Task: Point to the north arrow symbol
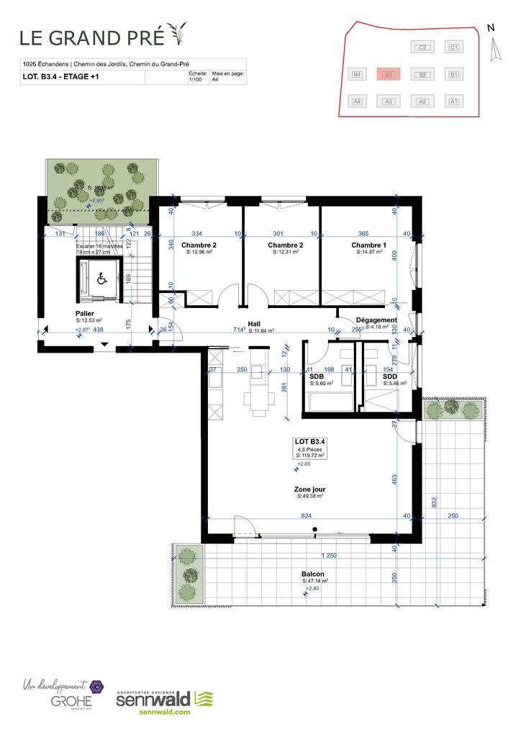click(494, 48)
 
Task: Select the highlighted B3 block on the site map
click(388, 74)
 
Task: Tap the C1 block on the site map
click(453, 48)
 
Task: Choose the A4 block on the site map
click(356, 101)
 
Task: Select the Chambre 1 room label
click(368, 245)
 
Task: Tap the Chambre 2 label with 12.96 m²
click(199, 245)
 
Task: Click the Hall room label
click(253, 324)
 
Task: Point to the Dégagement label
click(376, 320)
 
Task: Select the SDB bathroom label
click(316, 376)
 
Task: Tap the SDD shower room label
click(389, 376)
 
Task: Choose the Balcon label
click(312, 574)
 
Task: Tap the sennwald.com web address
click(161, 712)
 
